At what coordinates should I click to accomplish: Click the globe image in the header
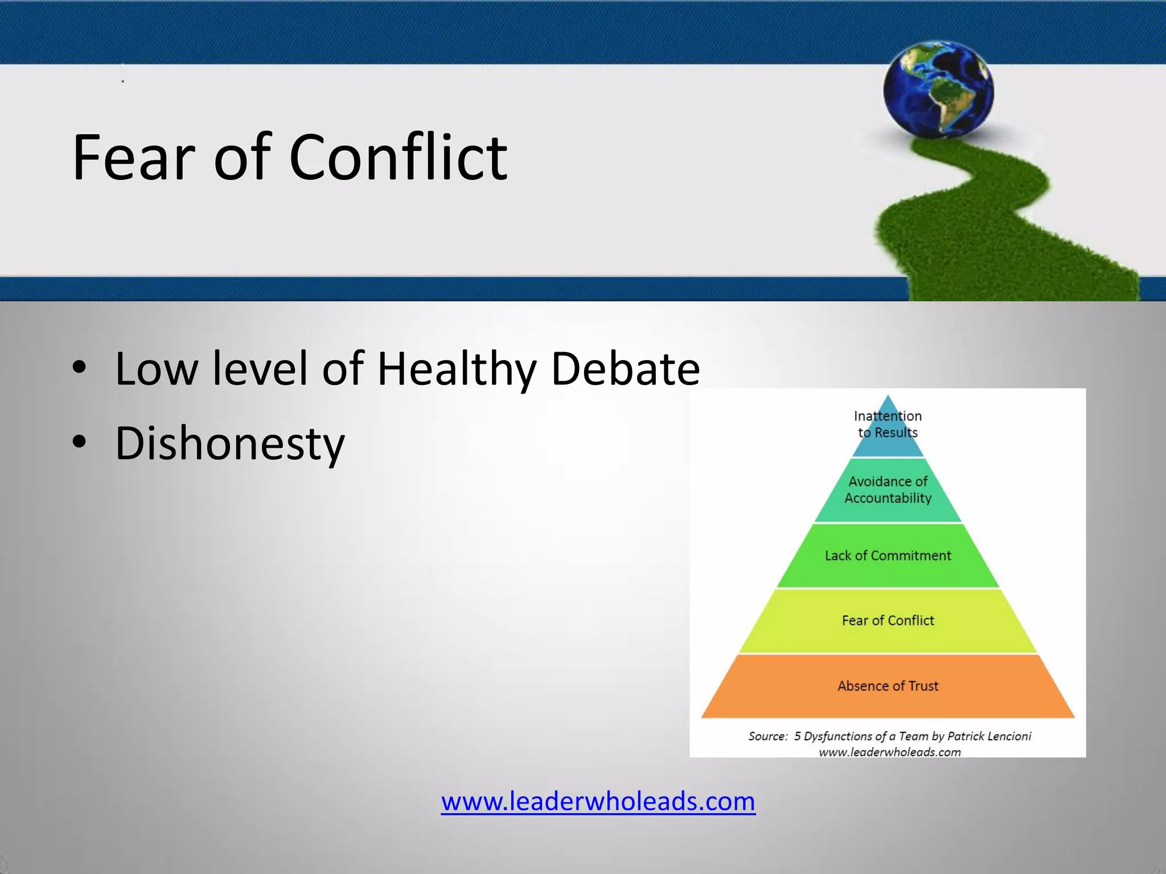pyautogui.click(x=938, y=89)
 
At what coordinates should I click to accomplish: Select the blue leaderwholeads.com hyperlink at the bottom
pyautogui.click(x=598, y=801)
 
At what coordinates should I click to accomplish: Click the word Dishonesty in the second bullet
pyautogui.click(x=229, y=444)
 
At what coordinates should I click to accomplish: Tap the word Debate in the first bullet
pyautogui.click(x=625, y=369)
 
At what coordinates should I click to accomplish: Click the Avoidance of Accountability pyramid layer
pyautogui.click(x=888, y=490)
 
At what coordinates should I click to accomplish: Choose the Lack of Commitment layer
pyautogui.click(x=888, y=555)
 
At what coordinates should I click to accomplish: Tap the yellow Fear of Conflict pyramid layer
pyautogui.click(x=888, y=620)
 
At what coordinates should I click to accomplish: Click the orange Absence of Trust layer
pyautogui.click(x=888, y=686)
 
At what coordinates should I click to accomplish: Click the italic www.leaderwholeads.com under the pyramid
pyautogui.click(x=889, y=752)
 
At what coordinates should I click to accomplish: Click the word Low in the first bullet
pyautogui.click(x=157, y=369)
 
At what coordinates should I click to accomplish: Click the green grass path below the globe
pyautogui.click(x=968, y=228)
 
